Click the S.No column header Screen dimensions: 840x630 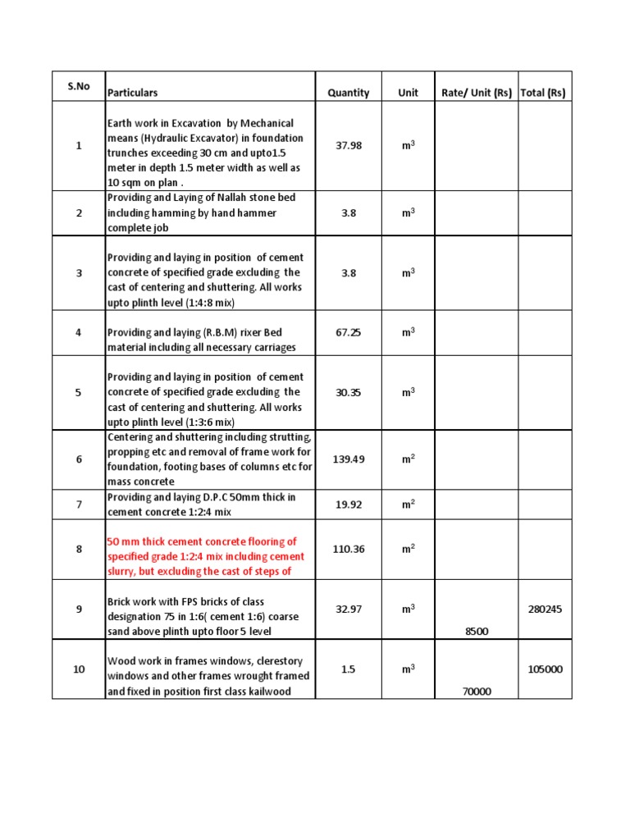[79, 86]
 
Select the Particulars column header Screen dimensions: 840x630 [133, 93]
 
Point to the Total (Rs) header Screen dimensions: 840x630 [543, 93]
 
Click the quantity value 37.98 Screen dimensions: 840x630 [349, 145]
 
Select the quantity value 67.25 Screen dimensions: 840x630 [349, 332]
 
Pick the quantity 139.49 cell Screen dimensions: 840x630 [349, 459]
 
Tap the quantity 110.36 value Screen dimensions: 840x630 [349, 549]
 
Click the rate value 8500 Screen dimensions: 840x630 [477, 631]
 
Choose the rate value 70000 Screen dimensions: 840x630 [477, 692]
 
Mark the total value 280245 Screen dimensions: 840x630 [546, 609]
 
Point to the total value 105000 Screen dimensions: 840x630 [546, 669]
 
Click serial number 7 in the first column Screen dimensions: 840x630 [79, 504]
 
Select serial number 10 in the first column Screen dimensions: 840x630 [79, 669]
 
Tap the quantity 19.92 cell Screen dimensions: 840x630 [349, 504]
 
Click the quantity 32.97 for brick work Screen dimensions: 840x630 [349, 609]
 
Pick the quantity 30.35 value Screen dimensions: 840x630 [349, 392]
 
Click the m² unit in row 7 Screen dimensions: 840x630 [408, 504]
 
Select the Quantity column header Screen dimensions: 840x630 [349, 93]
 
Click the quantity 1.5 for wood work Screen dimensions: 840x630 [349, 669]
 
